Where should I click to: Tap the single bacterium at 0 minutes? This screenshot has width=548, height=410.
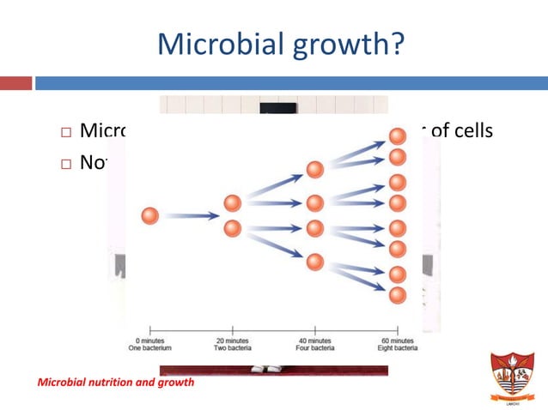(x=150, y=216)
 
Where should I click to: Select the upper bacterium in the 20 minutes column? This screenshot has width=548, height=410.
(x=232, y=203)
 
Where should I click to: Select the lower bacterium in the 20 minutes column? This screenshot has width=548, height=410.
(x=232, y=229)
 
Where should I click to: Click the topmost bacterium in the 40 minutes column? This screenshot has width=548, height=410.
(x=314, y=170)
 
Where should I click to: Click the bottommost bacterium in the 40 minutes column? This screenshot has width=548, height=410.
(x=314, y=261)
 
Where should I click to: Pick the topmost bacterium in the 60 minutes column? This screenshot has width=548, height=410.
(x=397, y=136)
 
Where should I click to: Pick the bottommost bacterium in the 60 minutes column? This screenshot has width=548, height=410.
(x=397, y=294)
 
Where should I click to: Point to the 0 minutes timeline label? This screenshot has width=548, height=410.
(x=150, y=341)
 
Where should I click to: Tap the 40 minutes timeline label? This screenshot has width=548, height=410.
(x=314, y=341)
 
